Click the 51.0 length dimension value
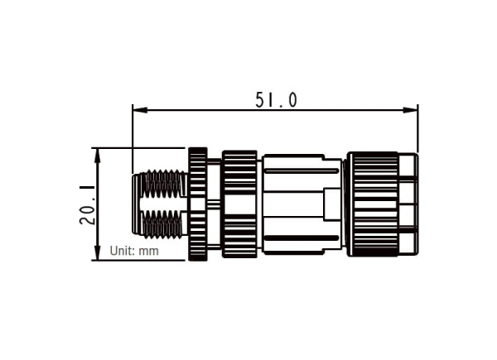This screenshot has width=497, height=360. coord(275,100)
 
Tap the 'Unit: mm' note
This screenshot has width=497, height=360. coord(133,250)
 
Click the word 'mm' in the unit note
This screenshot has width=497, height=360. coord(149,250)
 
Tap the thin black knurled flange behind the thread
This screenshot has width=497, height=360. coord(197,204)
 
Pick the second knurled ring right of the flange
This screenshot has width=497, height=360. coord(239,204)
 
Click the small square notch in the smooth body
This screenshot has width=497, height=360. coord(332,204)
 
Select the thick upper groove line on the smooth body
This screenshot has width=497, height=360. coord(300,170)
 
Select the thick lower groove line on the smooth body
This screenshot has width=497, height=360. coord(300,238)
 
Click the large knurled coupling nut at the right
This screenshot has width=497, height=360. coord(373,204)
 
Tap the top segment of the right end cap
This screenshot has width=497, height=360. coord(408,166)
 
